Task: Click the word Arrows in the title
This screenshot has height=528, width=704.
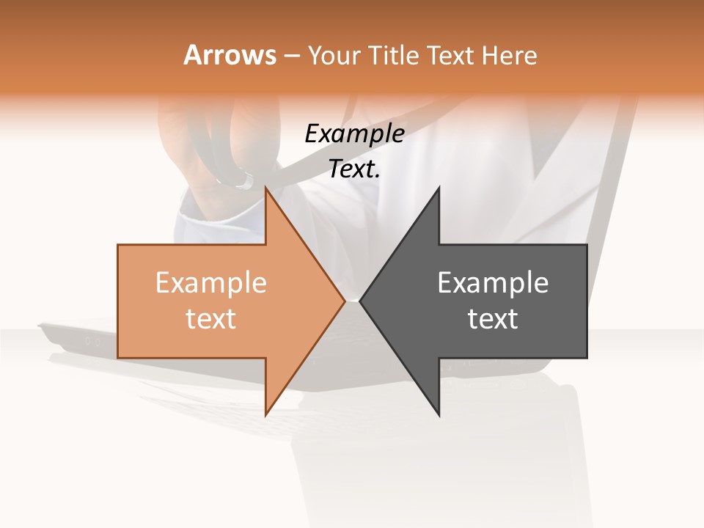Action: pos(230,55)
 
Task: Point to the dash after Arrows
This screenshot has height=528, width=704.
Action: pos(292,56)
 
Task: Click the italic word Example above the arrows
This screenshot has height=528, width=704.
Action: pos(354,133)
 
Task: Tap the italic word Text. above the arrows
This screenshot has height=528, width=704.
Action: pos(354,169)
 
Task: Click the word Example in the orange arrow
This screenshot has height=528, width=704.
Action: pos(211,283)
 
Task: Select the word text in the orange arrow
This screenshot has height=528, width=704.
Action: pos(211,319)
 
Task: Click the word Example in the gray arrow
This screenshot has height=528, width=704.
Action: pos(493,283)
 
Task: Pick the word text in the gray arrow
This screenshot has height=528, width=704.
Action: pos(493,319)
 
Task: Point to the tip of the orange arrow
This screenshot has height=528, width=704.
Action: pos(344,301)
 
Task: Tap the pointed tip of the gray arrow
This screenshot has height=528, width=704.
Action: pos(361,301)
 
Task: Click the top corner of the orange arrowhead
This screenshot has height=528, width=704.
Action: pos(266,188)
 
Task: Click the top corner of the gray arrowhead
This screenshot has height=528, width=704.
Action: pos(439,188)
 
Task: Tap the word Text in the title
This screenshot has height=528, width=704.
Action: pos(450,55)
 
